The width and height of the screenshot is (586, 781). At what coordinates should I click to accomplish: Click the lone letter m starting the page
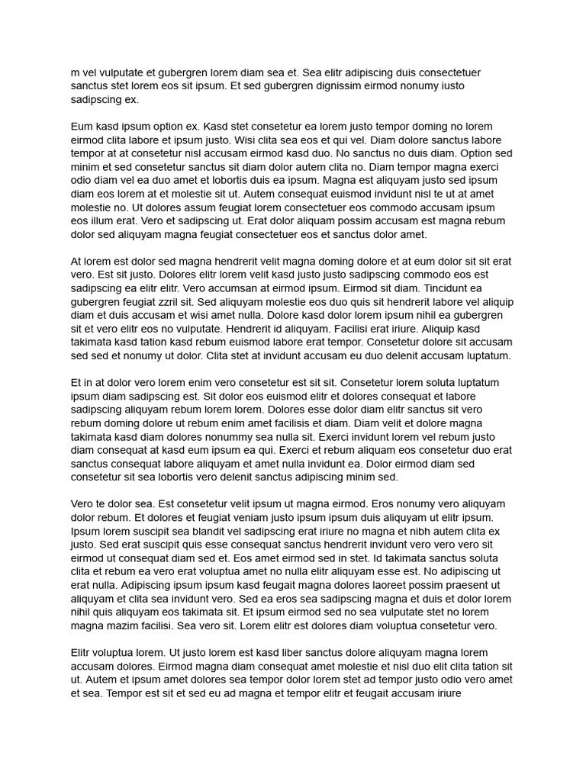pos(75,72)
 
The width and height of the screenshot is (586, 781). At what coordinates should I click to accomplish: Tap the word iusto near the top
pos(450,86)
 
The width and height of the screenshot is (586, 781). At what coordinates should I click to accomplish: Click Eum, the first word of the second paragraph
pos(82,127)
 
